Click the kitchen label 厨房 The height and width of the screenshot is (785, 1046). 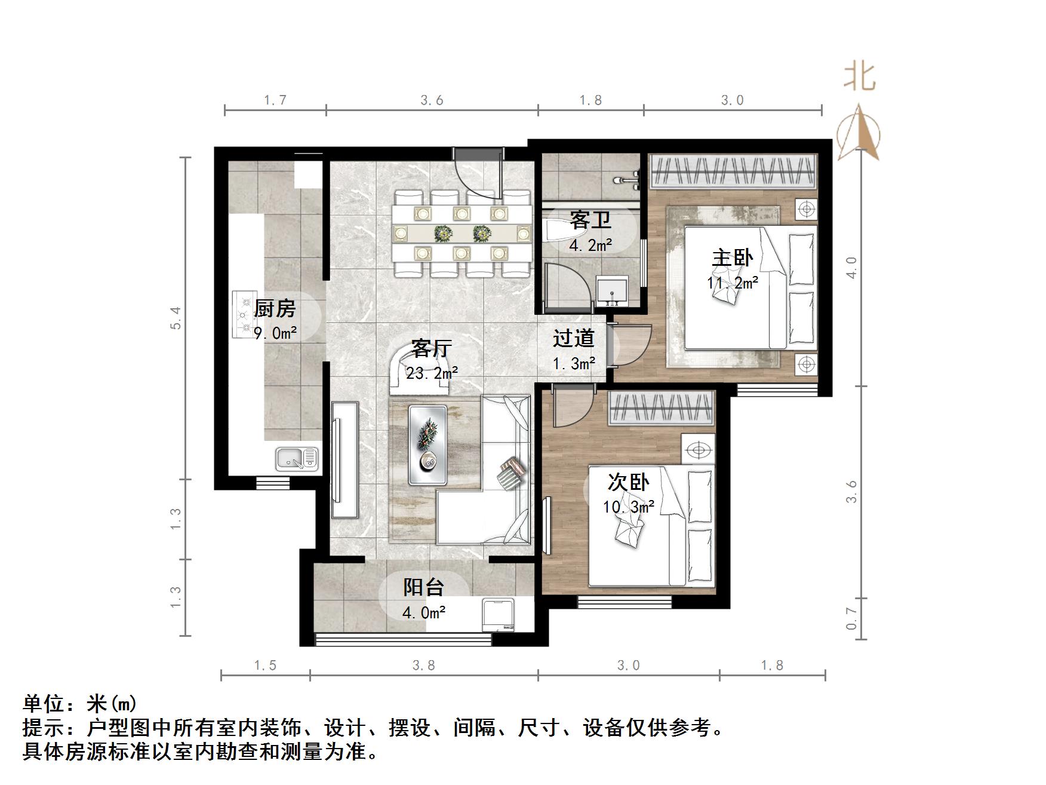[275, 309]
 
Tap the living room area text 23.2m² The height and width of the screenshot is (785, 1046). [432, 373]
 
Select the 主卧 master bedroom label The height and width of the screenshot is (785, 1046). [732, 257]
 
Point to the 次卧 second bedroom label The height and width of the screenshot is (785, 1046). [628, 482]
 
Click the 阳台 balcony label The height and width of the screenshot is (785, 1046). [423, 587]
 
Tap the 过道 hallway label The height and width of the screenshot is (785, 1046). [573, 338]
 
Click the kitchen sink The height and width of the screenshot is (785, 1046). [297, 458]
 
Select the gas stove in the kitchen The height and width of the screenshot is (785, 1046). [244, 314]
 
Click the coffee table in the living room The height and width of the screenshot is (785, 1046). [427, 444]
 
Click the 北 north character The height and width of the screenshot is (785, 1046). [860, 78]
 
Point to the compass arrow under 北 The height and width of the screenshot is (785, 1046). [859, 133]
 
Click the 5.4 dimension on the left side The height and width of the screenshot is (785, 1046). [175, 317]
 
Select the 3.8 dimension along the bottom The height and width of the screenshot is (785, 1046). [423, 665]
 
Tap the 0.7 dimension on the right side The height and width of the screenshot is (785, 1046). [852, 618]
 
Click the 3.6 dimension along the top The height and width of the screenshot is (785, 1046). [432, 100]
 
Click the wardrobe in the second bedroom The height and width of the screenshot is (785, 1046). [662, 409]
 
